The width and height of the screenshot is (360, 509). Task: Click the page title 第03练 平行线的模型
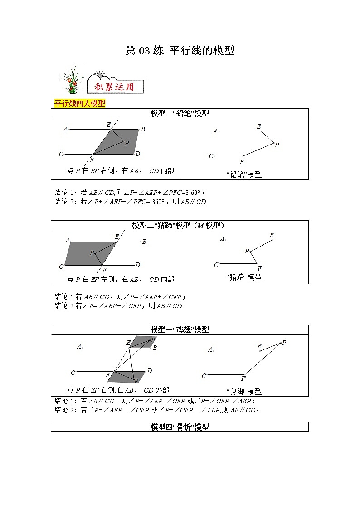[180, 51]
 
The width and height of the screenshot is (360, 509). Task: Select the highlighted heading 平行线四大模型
[79, 103]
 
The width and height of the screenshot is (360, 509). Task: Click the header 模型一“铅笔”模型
[180, 113]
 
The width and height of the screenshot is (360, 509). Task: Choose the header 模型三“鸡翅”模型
[180, 330]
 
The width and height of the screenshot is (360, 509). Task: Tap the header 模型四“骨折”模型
[180, 427]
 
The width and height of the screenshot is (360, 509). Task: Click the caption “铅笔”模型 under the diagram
[243, 174]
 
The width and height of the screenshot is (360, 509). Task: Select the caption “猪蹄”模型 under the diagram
[243, 277]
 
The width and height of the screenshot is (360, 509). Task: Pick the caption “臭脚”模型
[243, 391]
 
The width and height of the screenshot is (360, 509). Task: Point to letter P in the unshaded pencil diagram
[277, 145]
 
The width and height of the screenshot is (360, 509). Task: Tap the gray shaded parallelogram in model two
[86, 253]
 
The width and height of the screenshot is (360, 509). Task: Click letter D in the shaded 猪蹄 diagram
[138, 265]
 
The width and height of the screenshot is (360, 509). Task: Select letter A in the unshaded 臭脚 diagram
[210, 349]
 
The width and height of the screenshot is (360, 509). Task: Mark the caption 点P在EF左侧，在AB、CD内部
[120, 280]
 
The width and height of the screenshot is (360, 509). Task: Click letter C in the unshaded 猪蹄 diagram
[216, 265]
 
